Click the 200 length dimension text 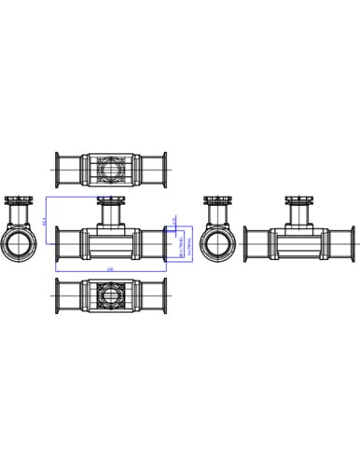110,268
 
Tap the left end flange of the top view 58,171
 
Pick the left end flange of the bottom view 58,295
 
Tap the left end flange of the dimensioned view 58,244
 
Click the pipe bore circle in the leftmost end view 19,244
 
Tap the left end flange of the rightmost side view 246,244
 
